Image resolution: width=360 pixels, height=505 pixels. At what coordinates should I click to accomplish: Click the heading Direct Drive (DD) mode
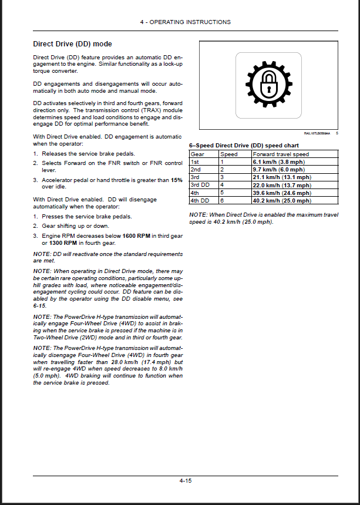tap(72, 44)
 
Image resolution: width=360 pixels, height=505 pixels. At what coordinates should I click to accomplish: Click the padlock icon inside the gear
tap(269, 84)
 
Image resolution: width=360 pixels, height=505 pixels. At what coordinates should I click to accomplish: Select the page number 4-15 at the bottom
tap(186, 480)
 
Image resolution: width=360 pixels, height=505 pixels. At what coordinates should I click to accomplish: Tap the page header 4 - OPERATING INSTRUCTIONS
tap(186, 22)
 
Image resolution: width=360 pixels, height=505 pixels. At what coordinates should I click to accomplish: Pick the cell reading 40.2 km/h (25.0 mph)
tap(282, 200)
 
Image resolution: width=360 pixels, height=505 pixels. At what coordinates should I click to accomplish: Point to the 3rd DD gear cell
tap(200, 184)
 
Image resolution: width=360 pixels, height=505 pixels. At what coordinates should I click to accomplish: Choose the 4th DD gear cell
tap(200, 200)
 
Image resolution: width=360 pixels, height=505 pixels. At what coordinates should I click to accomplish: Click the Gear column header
tap(197, 154)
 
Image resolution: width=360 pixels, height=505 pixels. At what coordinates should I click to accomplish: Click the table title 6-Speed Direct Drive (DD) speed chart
tap(244, 145)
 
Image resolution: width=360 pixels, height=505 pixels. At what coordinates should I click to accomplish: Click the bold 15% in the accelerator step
tap(177, 180)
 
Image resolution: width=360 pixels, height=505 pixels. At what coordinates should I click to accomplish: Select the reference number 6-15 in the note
tap(39, 305)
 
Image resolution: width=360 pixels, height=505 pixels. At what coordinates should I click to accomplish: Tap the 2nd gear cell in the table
tap(196, 169)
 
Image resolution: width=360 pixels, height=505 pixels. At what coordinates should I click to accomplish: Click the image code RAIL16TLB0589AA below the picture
tap(317, 133)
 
